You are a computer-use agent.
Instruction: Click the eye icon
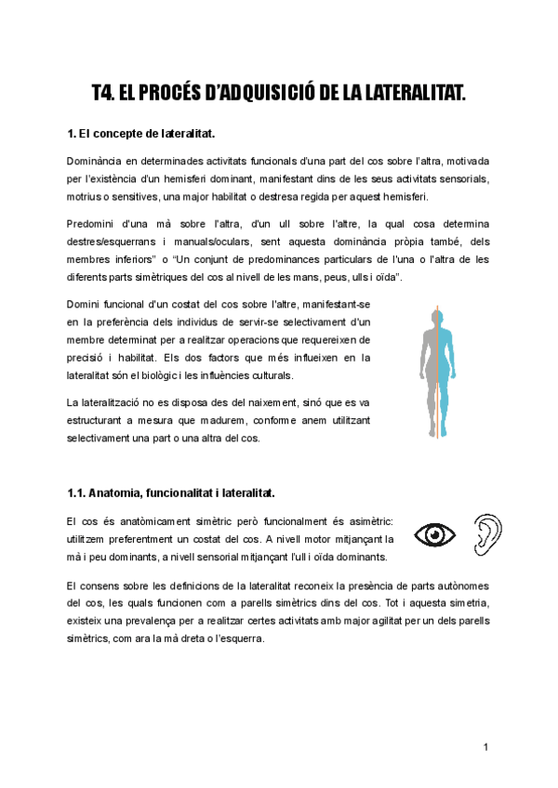tap(434, 535)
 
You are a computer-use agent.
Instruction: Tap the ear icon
tap(485, 533)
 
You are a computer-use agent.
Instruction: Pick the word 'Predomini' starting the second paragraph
tap(91, 225)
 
